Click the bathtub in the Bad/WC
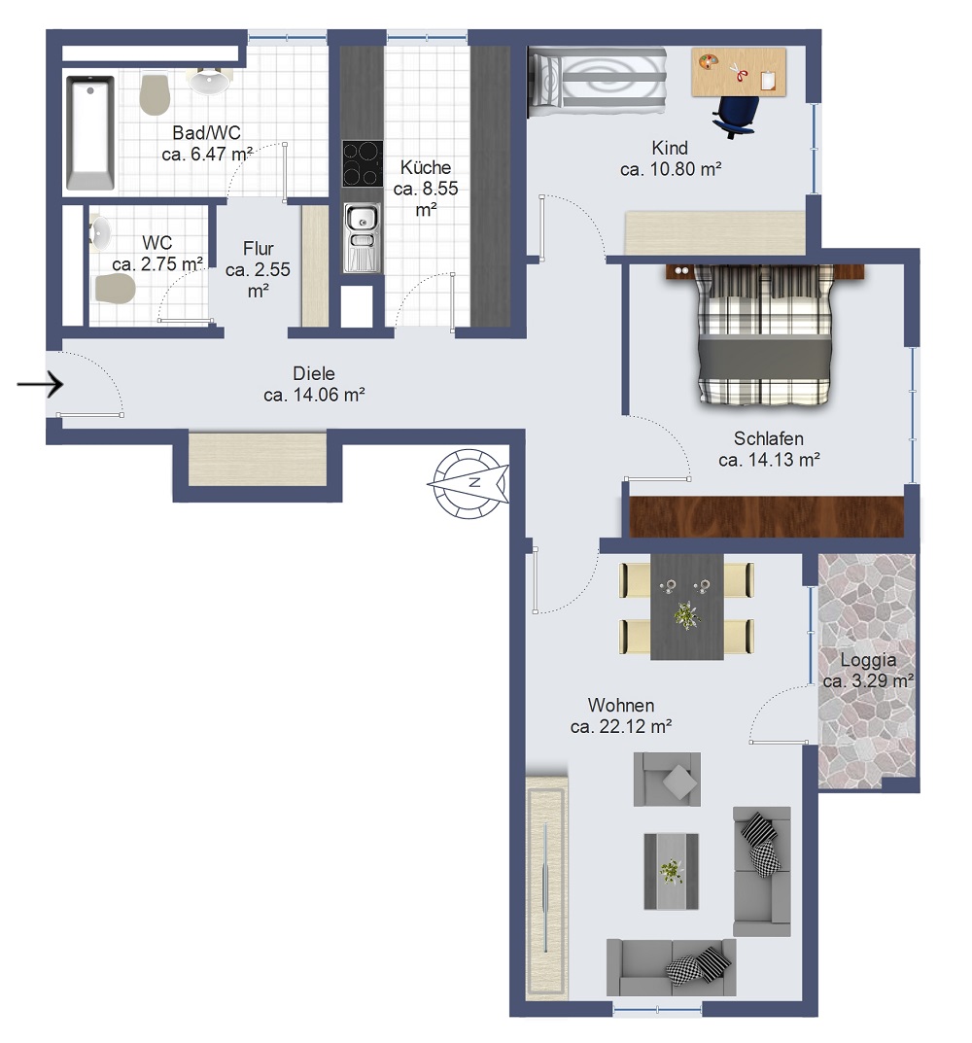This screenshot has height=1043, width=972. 90,133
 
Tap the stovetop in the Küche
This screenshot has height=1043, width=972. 362,163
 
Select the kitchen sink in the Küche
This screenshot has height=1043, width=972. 362,238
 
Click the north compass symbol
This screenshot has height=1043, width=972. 469,483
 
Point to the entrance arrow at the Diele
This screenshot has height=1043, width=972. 40,384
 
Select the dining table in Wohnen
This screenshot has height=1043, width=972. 686,606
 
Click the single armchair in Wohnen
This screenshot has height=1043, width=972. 667,779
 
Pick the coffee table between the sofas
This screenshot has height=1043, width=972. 671,871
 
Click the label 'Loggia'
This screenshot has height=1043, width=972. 868,661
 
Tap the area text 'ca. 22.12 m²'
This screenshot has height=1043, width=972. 621,726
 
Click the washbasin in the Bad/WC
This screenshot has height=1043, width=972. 210,81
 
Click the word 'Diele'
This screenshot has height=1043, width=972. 313,374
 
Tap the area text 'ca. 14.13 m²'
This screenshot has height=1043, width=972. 769,460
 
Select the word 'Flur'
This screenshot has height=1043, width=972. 259,249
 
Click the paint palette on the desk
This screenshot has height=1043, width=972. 708,62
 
